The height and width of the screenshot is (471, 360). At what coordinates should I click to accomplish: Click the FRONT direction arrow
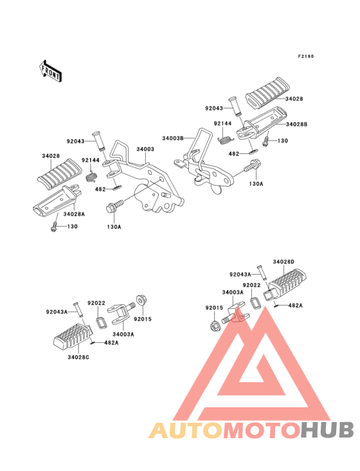(50, 71)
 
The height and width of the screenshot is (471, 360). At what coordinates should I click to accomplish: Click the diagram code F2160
(306, 56)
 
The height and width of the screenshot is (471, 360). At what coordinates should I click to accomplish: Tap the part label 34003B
(173, 138)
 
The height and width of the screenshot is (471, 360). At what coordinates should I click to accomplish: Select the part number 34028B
(296, 124)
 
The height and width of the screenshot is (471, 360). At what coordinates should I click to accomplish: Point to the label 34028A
(74, 214)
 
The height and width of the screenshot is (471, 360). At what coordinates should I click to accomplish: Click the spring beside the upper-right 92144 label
(225, 140)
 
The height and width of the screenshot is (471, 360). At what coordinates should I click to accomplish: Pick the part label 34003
(145, 149)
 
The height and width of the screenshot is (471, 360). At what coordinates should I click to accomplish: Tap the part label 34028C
(78, 357)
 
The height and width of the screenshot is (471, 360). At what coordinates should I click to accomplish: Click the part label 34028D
(283, 262)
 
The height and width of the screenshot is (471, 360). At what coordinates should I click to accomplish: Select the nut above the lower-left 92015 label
(140, 300)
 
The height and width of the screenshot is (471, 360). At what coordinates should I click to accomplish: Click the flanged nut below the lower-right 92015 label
(214, 326)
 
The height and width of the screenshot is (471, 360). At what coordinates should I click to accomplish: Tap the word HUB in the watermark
(328, 430)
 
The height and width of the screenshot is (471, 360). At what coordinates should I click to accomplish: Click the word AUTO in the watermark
(186, 430)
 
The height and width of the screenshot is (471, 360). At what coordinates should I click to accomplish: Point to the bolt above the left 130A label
(114, 206)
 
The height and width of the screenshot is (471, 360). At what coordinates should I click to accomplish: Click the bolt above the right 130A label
(253, 166)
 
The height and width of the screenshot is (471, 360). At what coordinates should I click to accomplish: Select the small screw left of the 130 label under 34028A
(54, 226)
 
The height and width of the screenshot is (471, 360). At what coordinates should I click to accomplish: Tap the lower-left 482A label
(111, 342)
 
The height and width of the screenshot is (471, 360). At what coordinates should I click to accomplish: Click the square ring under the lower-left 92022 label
(101, 322)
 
